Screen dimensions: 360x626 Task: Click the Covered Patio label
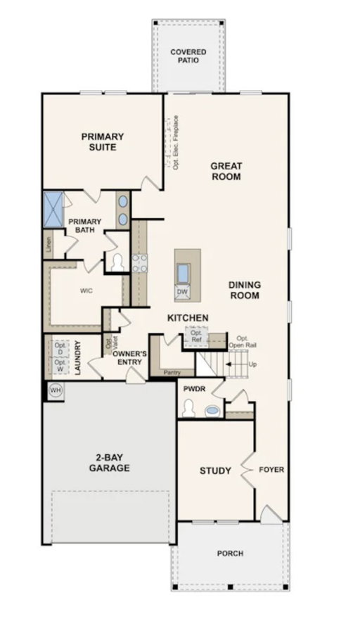click(x=188, y=56)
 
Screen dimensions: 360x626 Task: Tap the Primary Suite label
click(x=103, y=141)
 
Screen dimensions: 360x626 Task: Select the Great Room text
click(x=226, y=171)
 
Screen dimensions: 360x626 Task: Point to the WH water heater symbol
click(x=55, y=390)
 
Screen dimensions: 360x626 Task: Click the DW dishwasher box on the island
click(x=182, y=292)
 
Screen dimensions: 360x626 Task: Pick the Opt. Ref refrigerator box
click(x=196, y=336)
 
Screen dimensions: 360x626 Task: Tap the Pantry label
click(x=172, y=373)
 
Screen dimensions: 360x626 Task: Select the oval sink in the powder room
click(x=212, y=410)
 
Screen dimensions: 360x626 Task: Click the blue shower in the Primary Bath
click(x=53, y=210)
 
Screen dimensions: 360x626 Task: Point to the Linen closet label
click(x=49, y=244)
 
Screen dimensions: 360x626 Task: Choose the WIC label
click(x=86, y=290)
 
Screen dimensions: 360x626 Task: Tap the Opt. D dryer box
click(x=60, y=349)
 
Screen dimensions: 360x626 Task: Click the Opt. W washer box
click(x=60, y=365)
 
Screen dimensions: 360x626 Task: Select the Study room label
click(x=215, y=471)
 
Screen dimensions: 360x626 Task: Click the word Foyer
click(x=271, y=470)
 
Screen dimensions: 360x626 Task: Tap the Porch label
click(x=231, y=554)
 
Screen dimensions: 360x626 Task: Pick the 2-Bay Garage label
click(x=109, y=463)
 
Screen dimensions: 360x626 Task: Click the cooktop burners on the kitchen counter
click(x=140, y=263)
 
